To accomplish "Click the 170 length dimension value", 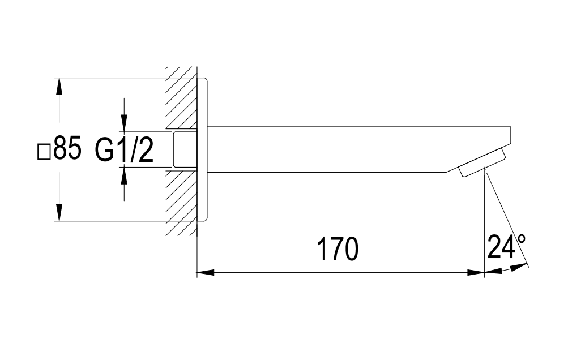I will coord(338,250).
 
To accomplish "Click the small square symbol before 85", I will coord(44,152).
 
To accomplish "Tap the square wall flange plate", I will coord(203,149).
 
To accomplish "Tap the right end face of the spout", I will coord(511,136).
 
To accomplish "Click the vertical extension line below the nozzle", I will coord(485,226).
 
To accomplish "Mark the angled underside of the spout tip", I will coord(453,169).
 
